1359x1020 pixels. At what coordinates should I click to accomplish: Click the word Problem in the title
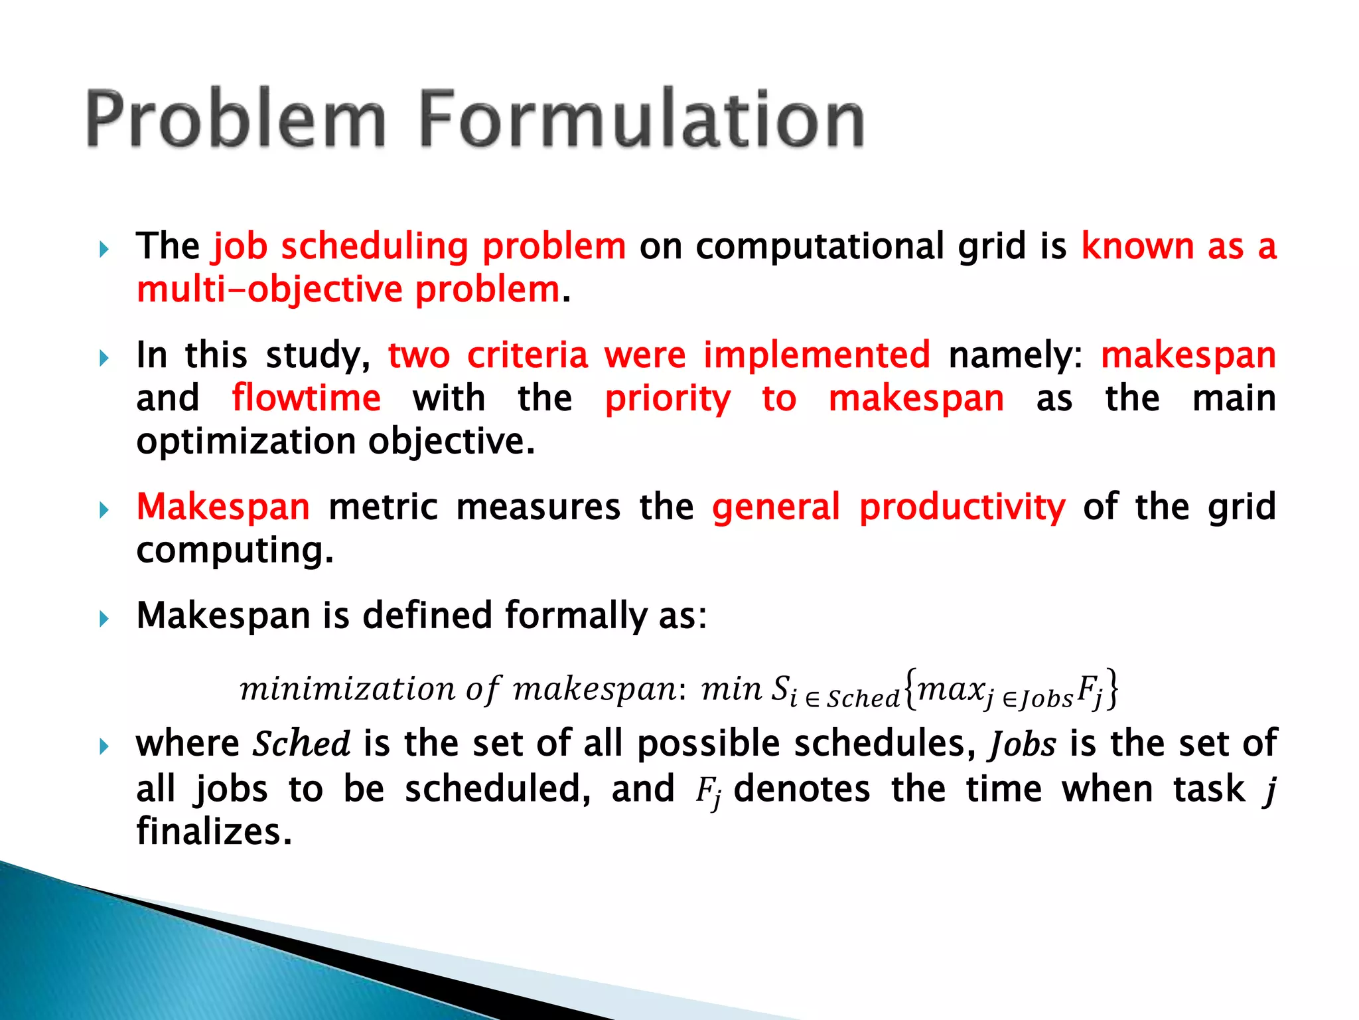click(x=236, y=120)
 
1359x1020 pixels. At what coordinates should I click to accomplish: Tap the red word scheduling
click(x=375, y=247)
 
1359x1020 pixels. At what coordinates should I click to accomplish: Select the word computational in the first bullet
click(x=820, y=247)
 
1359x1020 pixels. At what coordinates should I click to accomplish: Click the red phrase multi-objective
click(x=269, y=290)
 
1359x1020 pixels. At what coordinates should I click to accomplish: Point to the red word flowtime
click(x=306, y=398)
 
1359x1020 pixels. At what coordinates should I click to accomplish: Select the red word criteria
click(x=528, y=355)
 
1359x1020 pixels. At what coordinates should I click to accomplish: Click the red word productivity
click(x=962, y=508)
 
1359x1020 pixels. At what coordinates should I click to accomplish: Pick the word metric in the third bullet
click(x=383, y=507)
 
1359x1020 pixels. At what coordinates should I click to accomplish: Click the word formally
click(x=575, y=616)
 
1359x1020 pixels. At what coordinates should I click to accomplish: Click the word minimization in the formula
click(x=347, y=689)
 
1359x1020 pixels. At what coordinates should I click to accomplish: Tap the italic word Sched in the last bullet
click(x=301, y=744)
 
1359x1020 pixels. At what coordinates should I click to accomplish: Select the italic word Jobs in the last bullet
click(x=1023, y=744)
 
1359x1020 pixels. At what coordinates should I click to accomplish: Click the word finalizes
click(x=214, y=832)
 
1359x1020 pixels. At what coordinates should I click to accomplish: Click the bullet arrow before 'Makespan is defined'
click(x=104, y=620)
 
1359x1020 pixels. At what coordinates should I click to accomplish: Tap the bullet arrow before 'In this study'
click(x=104, y=359)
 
